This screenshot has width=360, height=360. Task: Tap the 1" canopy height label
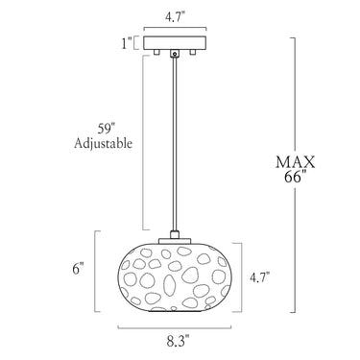[127, 43]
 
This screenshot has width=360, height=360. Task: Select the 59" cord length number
[106, 129]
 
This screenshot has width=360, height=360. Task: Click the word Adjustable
[103, 144]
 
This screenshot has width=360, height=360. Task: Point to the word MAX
[296, 162]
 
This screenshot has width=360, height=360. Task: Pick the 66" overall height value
[294, 177]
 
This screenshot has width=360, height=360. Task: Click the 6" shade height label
[78, 268]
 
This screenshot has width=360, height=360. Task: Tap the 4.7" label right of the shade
[259, 277]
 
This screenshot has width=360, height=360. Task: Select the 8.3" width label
[178, 341]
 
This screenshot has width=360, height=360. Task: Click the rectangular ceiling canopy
[175, 43]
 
